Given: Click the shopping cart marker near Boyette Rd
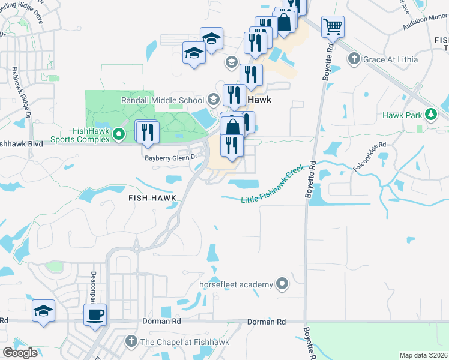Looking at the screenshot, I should [333, 27].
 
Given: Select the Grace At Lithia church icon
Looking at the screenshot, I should [354, 59].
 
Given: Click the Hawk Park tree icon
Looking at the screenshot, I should [430, 115].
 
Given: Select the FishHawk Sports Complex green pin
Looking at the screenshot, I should [119, 134].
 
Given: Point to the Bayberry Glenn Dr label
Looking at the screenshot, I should [171, 158].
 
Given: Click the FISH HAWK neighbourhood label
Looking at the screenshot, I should [152, 197].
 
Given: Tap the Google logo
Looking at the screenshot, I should [20, 353].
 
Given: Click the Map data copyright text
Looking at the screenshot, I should [423, 355].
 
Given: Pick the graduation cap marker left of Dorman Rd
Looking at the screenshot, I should [44, 311].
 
